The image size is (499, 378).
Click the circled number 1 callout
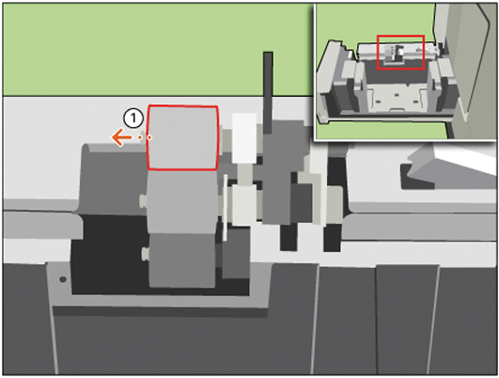[133, 118]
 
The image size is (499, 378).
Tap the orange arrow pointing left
[121, 137]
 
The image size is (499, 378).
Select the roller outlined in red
[182, 137]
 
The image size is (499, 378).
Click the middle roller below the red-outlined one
[181, 201]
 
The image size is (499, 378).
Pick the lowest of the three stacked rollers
[182, 260]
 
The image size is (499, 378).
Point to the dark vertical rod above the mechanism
[268, 92]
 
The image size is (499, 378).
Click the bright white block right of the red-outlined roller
[244, 138]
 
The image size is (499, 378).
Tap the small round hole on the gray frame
[63, 279]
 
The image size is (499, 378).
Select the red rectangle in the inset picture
[400, 53]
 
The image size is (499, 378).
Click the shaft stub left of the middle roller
[143, 200]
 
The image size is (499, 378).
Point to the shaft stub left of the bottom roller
[145, 254]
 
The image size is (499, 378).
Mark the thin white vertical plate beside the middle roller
[225, 207]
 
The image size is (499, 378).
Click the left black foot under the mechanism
[288, 237]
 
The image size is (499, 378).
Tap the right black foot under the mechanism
[332, 237]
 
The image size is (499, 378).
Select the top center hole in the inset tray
[397, 95]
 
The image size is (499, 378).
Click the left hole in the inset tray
[379, 102]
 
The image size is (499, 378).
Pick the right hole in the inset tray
[415, 102]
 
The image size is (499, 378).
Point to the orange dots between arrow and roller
[145, 137]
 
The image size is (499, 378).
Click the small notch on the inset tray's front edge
[396, 110]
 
